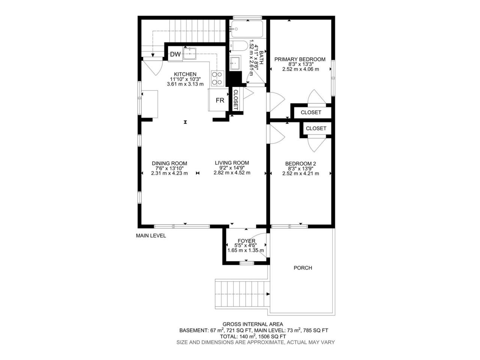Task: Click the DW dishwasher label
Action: [175, 54]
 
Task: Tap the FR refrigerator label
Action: [220, 100]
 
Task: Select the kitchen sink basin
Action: [190, 54]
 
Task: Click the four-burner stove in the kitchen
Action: [217, 78]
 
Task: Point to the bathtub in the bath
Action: [247, 29]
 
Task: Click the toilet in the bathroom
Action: [239, 46]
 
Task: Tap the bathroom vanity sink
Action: [235, 63]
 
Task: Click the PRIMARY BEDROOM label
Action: [300, 59]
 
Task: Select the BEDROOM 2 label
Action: [300, 164]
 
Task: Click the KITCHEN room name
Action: [185, 74]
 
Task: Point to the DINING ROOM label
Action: [169, 163]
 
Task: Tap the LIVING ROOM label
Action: [232, 163]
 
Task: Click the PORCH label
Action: [303, 268]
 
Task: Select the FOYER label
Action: [246, 241]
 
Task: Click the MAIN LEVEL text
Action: [151, 235]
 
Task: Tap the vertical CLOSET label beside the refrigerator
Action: [236, 100]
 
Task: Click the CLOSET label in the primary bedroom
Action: [311, 112]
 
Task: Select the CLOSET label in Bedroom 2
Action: [316, 128]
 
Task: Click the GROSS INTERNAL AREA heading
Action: [253, 324]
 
